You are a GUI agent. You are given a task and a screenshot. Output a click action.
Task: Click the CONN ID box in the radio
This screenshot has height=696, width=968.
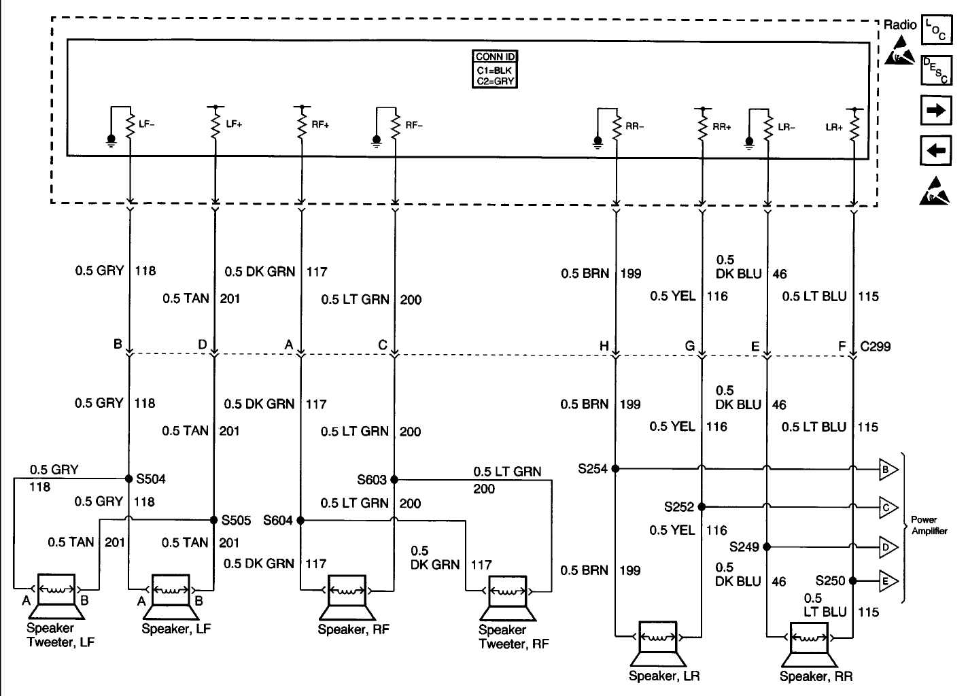tap(494, 69)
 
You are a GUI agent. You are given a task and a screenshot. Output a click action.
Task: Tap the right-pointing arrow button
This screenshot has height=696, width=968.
tap(935, 111)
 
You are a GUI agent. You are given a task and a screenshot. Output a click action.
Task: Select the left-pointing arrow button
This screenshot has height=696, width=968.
tap(935, 151)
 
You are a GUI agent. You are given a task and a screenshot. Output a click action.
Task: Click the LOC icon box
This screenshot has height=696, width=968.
tap(937, 30)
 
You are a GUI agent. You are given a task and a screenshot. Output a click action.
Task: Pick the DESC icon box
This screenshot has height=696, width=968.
tap(937, 71)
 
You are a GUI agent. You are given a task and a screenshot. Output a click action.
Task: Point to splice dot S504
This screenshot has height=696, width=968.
tap(128, 478)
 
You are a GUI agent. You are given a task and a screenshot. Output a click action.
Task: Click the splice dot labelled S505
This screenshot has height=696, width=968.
tap(213, 520)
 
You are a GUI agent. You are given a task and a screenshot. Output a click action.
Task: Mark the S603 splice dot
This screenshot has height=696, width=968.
tap(394, 480)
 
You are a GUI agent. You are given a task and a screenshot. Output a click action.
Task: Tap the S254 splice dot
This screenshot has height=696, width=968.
tap(615, 469)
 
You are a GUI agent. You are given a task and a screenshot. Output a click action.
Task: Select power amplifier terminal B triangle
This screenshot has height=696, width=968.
tap(888, 470)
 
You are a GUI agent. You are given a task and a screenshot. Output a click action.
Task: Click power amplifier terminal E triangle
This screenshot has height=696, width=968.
tap(888, 581)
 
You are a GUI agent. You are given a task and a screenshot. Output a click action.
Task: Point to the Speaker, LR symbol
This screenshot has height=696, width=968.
tap(657, 644)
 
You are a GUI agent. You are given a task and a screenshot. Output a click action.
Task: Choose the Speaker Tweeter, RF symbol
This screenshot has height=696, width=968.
tap(507, 598)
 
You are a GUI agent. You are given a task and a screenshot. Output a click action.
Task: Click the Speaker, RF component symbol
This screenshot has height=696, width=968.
tap(347, 597)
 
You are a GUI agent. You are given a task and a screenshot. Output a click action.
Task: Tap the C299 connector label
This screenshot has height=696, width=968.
tap(875, 347)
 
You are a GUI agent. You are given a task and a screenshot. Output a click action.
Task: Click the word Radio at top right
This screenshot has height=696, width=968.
tap(900, 24)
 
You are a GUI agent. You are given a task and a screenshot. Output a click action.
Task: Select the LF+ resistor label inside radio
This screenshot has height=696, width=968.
tap(234, 124)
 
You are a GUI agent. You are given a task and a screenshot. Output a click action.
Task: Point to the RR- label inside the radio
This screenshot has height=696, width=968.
tap(634, 126)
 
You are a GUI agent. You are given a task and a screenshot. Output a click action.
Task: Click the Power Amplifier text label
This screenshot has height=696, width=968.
tap(929, 525)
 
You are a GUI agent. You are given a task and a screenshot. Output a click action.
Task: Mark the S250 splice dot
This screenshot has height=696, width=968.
tap(852, 581)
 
